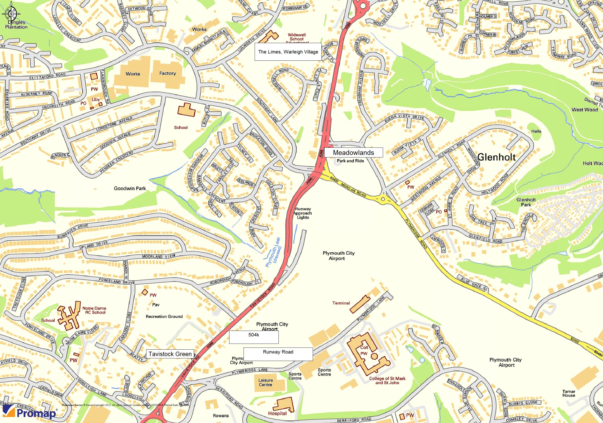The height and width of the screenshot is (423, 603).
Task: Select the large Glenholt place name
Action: (496, 157)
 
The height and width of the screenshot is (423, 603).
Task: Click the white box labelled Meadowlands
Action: (353, 153)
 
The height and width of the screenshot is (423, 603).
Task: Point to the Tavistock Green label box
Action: (170, 354)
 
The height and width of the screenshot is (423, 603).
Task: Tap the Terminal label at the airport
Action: (341, 303)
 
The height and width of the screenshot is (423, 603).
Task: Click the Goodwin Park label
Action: (130, 188)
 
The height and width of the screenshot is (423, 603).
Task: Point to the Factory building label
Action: (167, 73)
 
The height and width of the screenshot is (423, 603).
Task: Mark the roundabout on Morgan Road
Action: (383, 199)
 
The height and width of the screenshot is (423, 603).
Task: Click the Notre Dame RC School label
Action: (94, 310)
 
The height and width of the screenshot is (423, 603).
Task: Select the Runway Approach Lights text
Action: (303, 213)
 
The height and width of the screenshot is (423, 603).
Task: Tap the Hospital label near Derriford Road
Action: (277, 413)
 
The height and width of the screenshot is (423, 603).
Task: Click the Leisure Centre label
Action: (266, 382)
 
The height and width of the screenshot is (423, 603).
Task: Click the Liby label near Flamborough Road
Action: (96, 99)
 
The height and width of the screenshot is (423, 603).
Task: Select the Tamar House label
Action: (569, 393)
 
